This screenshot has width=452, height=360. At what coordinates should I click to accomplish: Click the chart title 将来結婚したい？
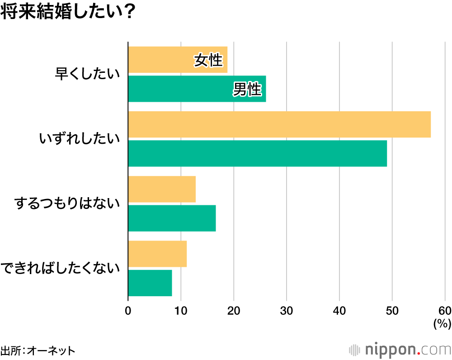(68, 12)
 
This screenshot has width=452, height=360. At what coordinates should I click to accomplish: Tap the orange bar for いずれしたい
(279, 124)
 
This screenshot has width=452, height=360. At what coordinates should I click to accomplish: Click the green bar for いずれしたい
(258, 153)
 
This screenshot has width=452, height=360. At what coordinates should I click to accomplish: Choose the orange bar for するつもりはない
(162, 189)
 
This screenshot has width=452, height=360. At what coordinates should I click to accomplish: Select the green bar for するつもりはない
(172, 218)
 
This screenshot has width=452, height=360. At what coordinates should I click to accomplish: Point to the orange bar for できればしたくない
(157, 254)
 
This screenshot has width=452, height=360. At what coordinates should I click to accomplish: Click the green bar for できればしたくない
(150, 283)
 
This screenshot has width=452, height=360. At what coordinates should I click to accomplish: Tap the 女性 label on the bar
(208, 60)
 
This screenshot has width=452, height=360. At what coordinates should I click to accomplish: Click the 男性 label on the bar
(247, 90)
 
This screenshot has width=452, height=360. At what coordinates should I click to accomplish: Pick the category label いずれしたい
(80, 139)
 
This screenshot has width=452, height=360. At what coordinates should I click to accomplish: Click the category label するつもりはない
(67, 204)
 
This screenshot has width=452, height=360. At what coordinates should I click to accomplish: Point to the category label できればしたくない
(61, 268)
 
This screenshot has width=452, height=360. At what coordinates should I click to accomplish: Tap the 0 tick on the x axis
(128, 311)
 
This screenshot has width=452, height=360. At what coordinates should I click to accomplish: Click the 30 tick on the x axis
(287, 311)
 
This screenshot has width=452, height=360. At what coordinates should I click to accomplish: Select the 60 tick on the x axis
(445, 311)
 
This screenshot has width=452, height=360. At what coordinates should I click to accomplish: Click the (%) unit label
(442, 323)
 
